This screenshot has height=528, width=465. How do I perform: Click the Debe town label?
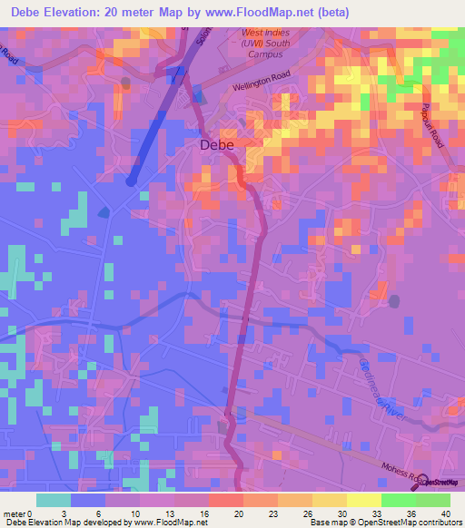pos(216,144)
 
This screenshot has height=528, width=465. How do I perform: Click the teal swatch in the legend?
pos(53,500)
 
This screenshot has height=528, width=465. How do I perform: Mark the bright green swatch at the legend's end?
pos(433,500)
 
